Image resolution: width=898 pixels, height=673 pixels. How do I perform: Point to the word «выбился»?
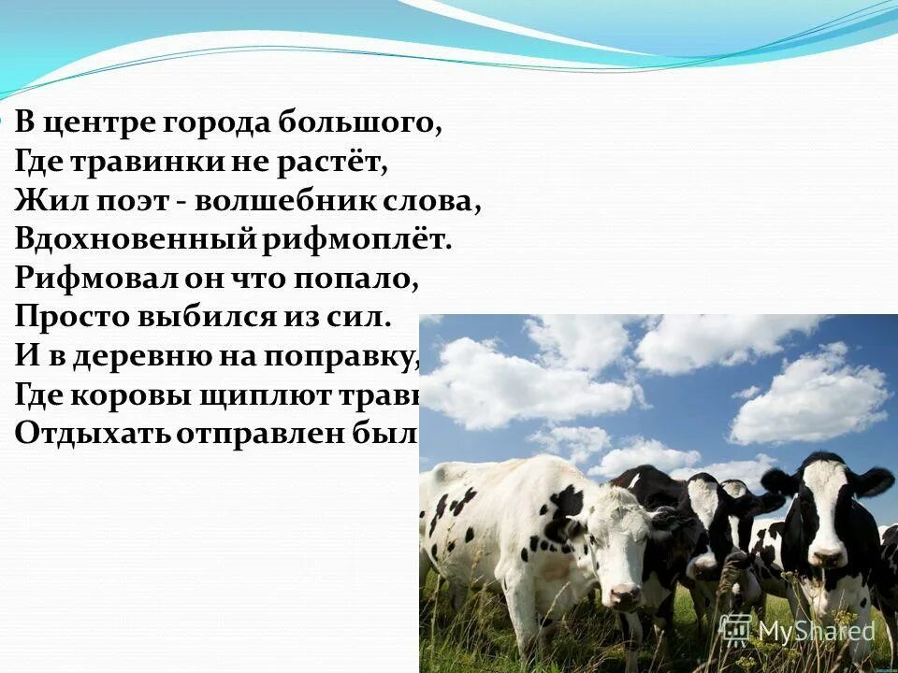[x=193, y=317]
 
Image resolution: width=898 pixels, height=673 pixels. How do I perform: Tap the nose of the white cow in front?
[x=625, y=595]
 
